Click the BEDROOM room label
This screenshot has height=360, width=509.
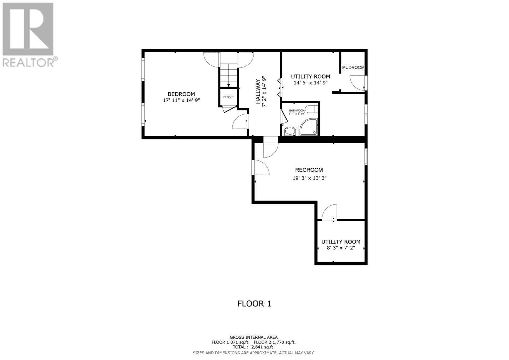coord(181,94)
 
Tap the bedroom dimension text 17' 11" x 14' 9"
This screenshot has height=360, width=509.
coord(181,100)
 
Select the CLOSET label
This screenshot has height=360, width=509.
coord(228,97)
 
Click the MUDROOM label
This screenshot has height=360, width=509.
coord(353,67)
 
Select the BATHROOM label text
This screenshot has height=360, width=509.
coord(296,110)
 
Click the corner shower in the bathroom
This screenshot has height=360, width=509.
coord(309,127)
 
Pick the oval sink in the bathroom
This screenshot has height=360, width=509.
coord(289,131)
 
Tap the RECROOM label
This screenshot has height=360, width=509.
coord(309,170)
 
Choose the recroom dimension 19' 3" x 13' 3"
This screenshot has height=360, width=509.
coord(309,178)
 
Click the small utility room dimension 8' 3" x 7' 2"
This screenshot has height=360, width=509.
coord(340,248)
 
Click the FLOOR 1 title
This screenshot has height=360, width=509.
coord(254,304)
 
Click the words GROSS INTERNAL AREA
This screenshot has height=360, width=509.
coord(254,337)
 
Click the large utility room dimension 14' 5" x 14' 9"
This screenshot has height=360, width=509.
coord(310,83)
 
